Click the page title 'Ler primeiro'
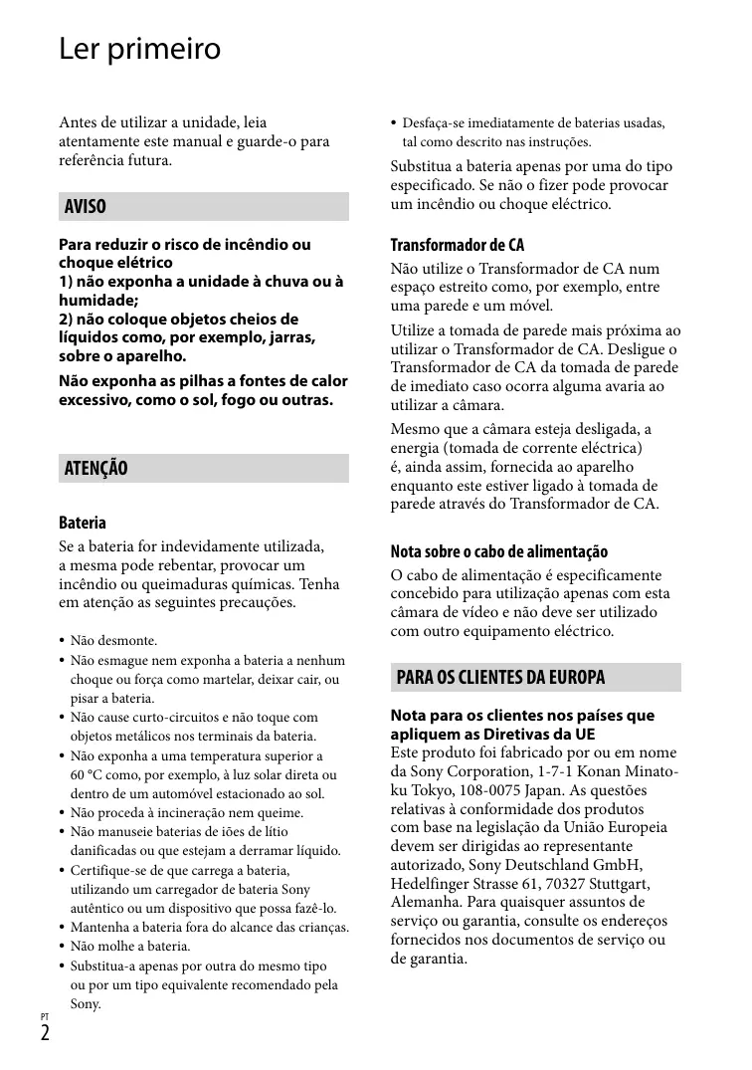tap(139, 49)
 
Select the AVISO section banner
tap(204, 207)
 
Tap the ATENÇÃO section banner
tap(204, 469)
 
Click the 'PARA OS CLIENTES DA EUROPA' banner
tap(535, 678)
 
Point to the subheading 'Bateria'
tap(83, 523)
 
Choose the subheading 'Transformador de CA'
tap(457, 245)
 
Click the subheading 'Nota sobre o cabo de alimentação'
tap(498, 551)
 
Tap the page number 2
tap(46, 1033)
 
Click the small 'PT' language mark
tap(45, 1016)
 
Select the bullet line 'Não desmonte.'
tap(113, 641)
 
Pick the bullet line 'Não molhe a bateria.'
tap(130, 947)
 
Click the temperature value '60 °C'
tap(89, 774)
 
